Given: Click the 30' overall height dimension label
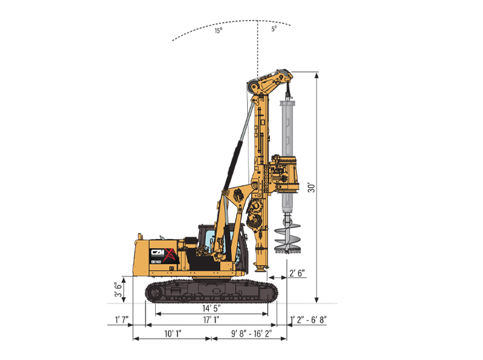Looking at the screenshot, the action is click(x=312, y=187).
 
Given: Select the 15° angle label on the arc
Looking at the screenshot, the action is click(x=218, y=30).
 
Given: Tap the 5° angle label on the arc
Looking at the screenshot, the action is click(x=274, y=28).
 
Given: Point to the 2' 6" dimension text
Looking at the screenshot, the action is click(x=297, y=273).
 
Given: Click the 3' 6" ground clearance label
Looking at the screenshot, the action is click(x=118, y=289).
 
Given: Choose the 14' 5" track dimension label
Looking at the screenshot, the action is click(x=211, y=308).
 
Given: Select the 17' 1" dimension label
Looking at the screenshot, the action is click(x=211, y=319).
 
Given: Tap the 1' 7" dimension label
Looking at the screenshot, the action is click(x=121, y=319).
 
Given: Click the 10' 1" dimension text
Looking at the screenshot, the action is click(x=173, y=334).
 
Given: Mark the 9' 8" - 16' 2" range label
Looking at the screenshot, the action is click(x=252, y=334).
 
